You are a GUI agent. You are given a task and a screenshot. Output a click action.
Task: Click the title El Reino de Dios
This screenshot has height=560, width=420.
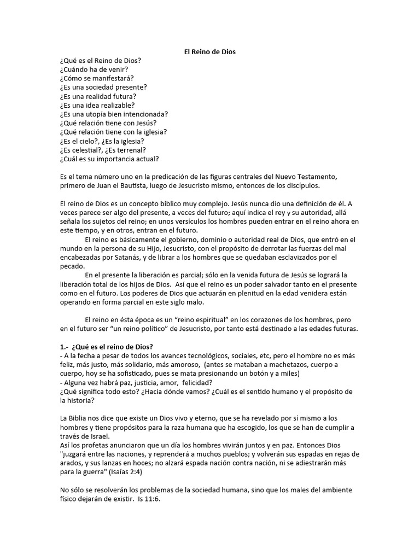(x=209, y=51)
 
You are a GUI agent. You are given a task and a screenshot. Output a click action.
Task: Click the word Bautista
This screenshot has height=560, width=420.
(x=148, y=185)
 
